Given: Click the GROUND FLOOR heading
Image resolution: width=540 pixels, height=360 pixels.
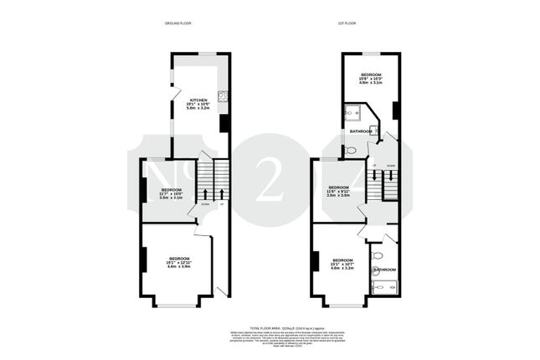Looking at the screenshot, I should [x=177, y=23].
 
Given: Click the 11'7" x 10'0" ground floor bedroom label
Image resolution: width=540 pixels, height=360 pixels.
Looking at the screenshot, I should [x=171, y=195].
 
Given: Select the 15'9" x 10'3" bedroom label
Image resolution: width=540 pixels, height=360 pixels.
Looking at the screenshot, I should [x=371, y=79].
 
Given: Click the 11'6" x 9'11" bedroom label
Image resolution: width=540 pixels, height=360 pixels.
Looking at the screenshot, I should [x=338, y=191].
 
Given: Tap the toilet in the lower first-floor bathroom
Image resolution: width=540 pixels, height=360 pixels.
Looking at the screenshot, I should [x=378, y=255].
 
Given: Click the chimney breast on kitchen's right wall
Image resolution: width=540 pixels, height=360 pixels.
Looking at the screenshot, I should [x=224, y=123].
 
